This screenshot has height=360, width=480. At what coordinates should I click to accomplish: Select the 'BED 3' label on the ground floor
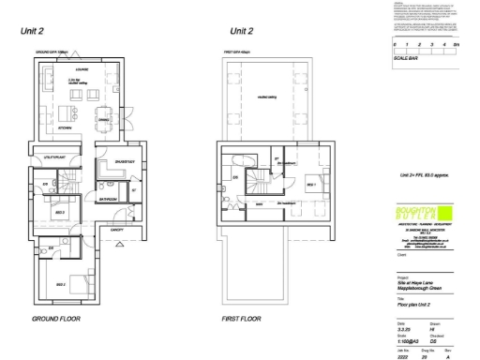58,214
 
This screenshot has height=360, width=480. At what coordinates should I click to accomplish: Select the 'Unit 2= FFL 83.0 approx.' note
415,176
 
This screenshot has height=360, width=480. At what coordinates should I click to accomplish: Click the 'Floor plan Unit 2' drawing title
412,305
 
